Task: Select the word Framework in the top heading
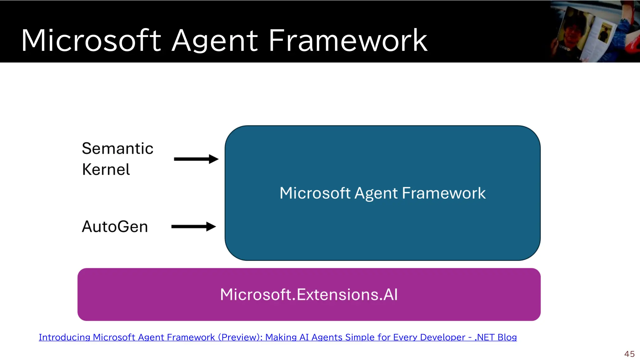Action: click(x=347, y=41)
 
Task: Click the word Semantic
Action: click(x=117, y=148)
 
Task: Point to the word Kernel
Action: click(x=106, y=170)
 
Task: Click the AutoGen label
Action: click(x=115, y=227)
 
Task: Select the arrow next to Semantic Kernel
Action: click(x=196, y=159)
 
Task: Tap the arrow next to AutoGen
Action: click(x=193, y=227)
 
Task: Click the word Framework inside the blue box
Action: click(x=444, y=193)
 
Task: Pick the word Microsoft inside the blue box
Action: click(x=315, y=193)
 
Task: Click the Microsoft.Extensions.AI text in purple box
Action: click(x=309, y=295)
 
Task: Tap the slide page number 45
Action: click(x=629, y=354)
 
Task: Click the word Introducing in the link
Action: click(x=64, y=337)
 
